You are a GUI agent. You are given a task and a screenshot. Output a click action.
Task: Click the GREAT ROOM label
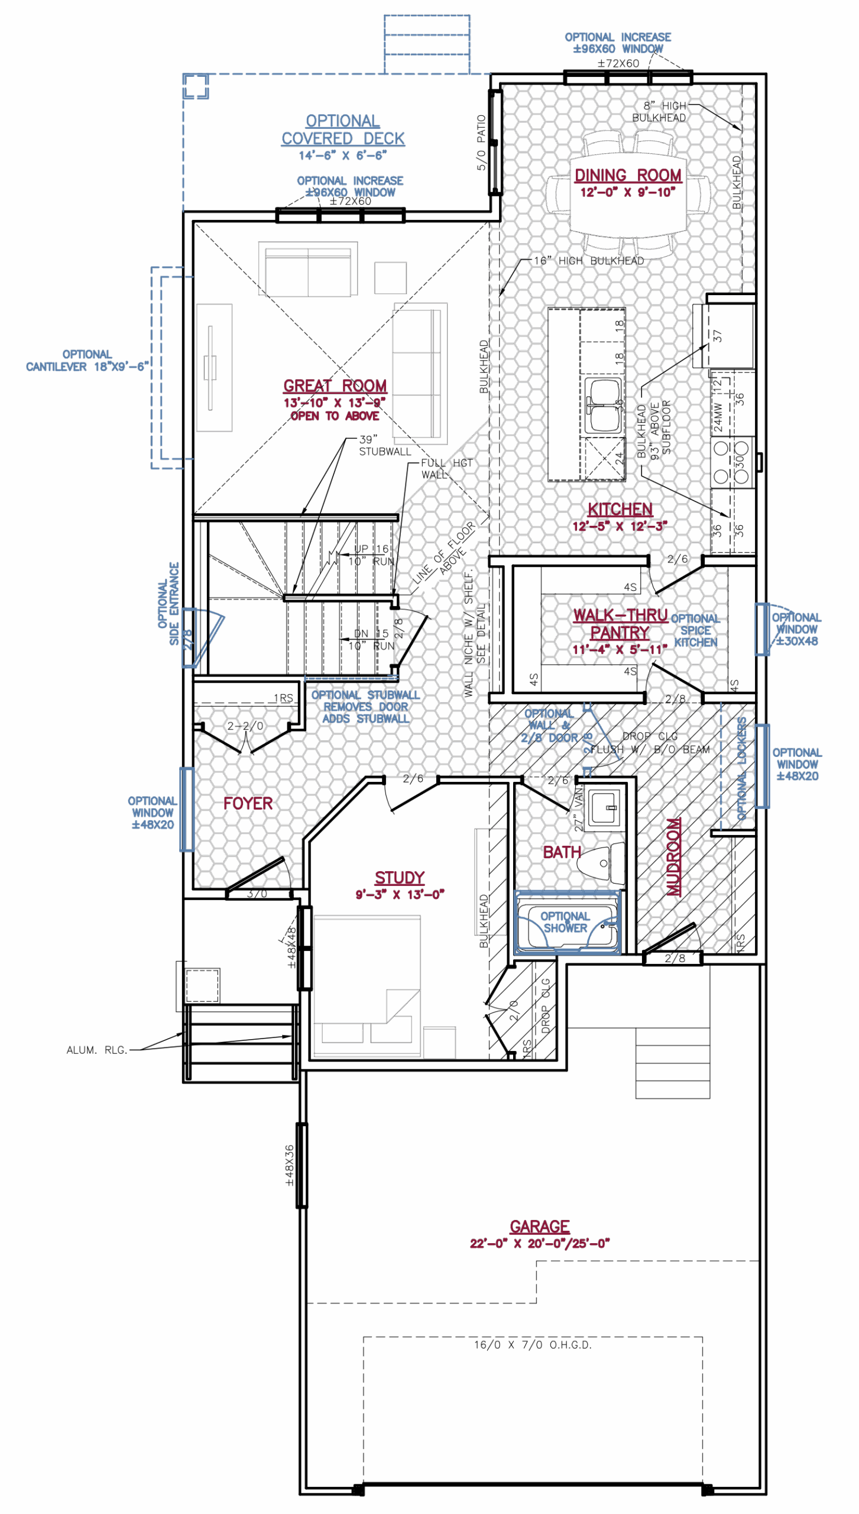(335, 386)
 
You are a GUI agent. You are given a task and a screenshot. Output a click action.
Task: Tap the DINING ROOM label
(628, 176)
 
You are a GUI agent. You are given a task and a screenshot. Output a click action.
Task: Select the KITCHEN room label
(620, 509)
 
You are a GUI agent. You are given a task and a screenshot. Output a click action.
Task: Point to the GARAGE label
(540, 1226)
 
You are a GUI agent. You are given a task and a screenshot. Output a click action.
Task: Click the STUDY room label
(400, 878)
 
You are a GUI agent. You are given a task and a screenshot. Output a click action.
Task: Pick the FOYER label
(248, 803)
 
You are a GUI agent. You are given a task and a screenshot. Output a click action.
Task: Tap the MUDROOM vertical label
(673, 856)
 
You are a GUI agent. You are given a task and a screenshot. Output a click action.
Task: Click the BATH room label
(562, 852)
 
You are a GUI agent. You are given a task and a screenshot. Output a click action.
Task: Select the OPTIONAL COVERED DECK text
(343, 130)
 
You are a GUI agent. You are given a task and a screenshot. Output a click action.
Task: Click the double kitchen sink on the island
(602, 407)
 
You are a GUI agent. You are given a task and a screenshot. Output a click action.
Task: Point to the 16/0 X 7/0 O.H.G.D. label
(532, 1345)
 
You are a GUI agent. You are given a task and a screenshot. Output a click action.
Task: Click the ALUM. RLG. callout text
(97, 1050)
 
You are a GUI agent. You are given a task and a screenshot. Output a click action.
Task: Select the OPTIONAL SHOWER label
(565, 922)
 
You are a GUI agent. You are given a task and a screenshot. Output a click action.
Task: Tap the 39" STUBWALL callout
(384, 445)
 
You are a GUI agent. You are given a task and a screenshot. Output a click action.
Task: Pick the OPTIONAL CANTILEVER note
(87, 360)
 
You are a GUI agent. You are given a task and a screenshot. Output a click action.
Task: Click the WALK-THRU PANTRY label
(620, 624)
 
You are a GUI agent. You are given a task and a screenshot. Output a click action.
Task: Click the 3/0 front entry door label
(257, 894)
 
